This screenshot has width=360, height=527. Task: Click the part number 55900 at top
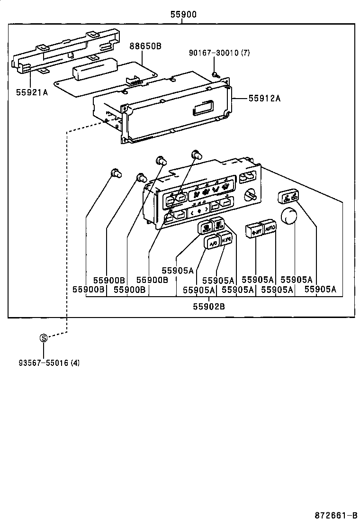[183, 15]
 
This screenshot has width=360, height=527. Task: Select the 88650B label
[145, 46]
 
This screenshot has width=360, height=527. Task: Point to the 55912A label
[264, 98]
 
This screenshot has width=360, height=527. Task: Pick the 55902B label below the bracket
[208, 306]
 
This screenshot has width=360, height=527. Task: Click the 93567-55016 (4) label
[49, 363]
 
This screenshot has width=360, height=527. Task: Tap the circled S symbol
[44, 338]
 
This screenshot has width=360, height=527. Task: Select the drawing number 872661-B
[336, 515]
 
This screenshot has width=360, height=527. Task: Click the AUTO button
[270, 228]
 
